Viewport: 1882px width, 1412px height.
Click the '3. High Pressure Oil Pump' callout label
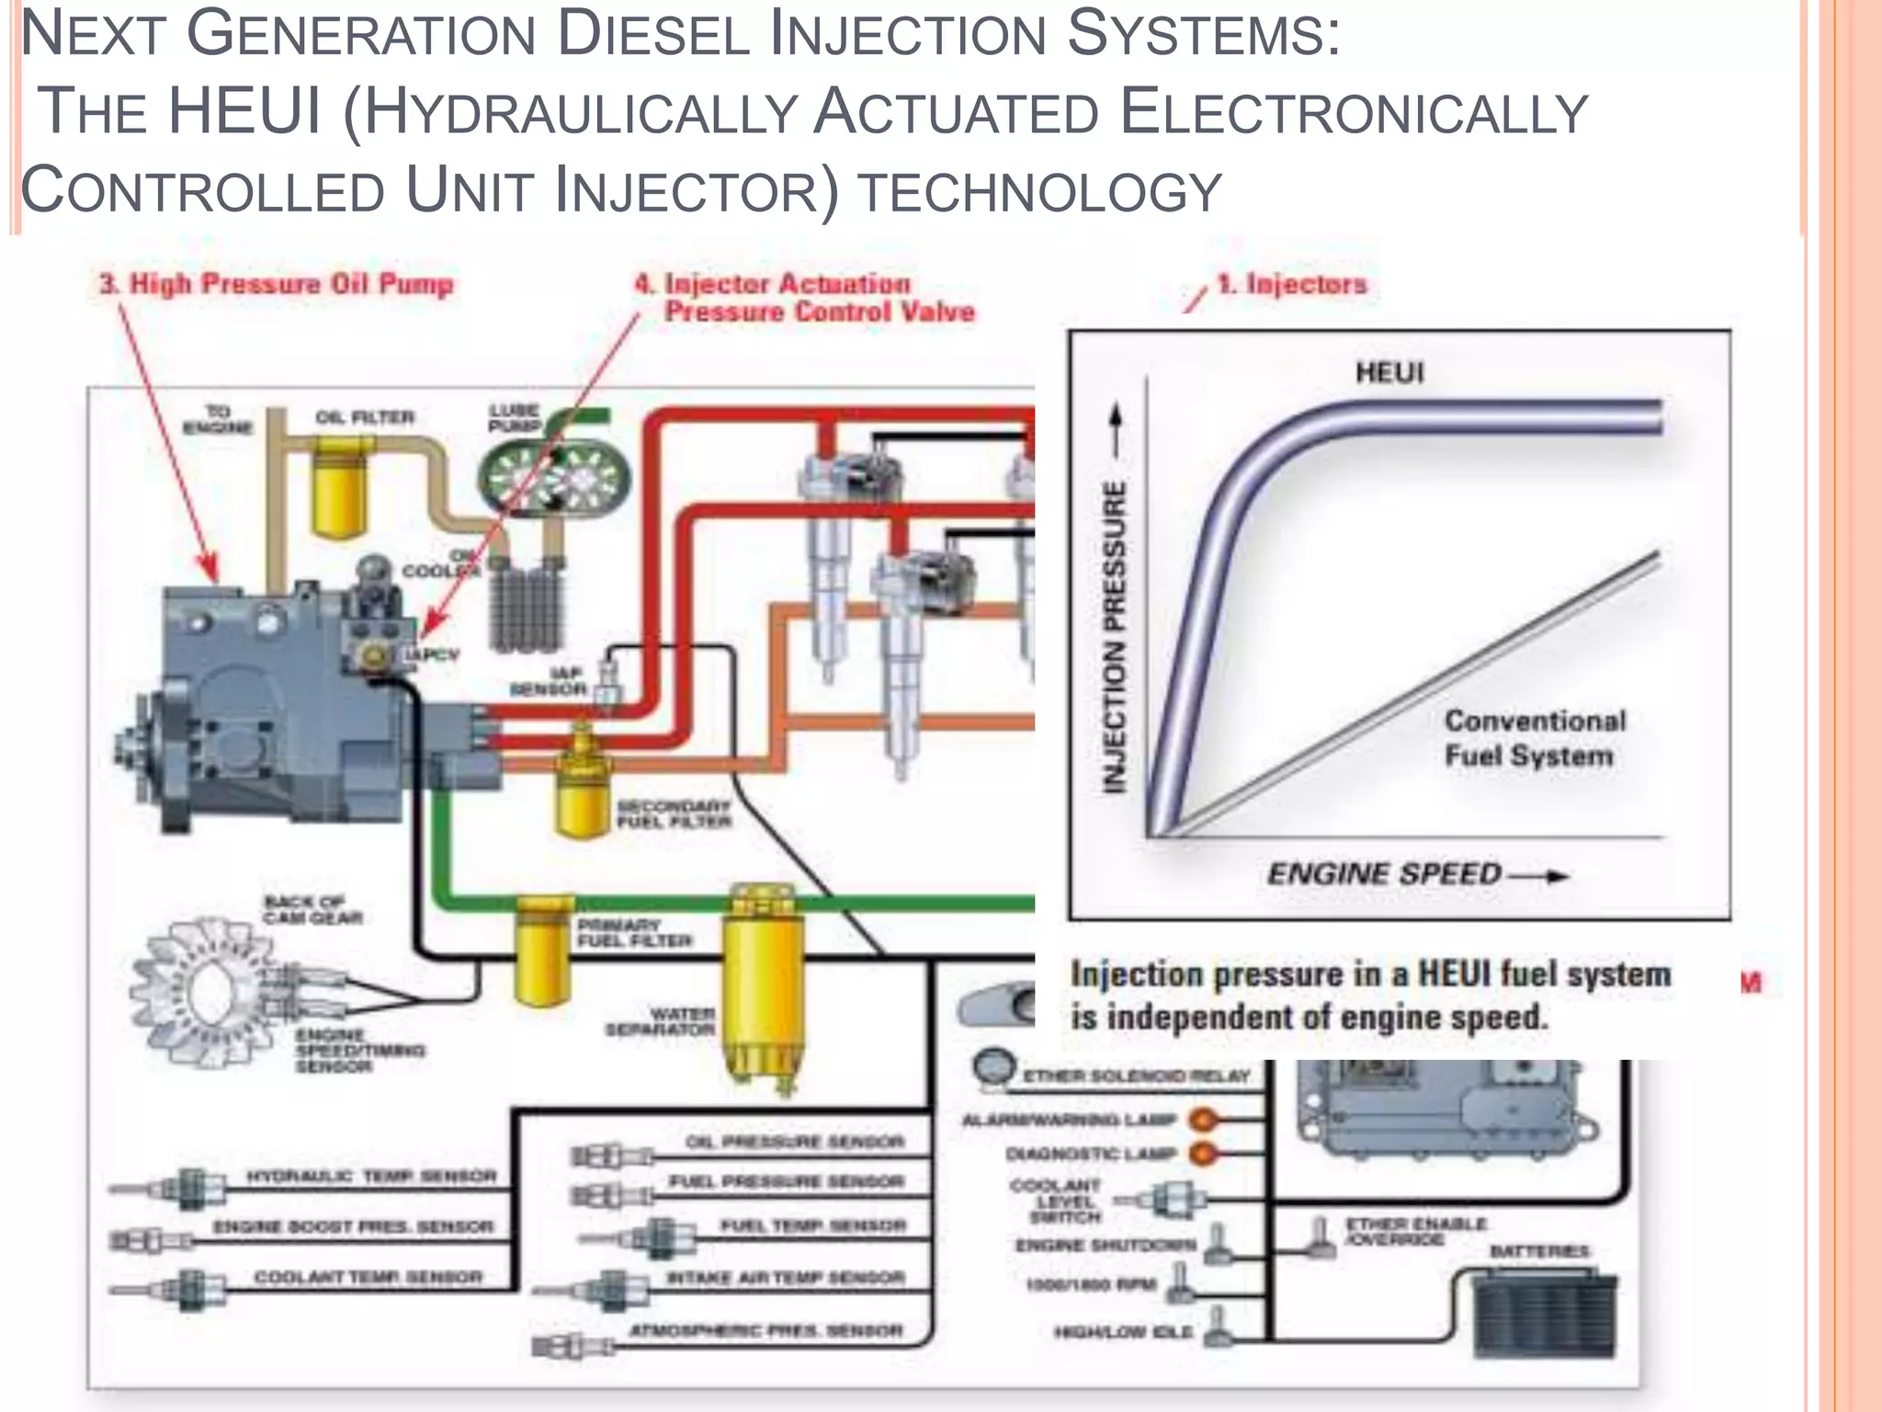coord(277,284)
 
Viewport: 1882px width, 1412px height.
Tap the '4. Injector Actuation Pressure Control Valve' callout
coord(805,298)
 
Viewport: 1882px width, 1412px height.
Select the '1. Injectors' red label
coord(1292,285)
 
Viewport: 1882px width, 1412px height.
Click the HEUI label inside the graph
coord(1389,372)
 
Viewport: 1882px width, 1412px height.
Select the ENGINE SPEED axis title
coord(1384,873)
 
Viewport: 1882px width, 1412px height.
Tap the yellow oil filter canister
coord(340,487)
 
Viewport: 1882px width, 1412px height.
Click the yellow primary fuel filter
coord(544,956)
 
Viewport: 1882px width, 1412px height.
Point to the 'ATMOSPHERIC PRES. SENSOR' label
coord(766,1330)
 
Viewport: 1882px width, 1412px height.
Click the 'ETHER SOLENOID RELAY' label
coord(1137,1076)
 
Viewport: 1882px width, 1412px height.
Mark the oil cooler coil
coord(525,602)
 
